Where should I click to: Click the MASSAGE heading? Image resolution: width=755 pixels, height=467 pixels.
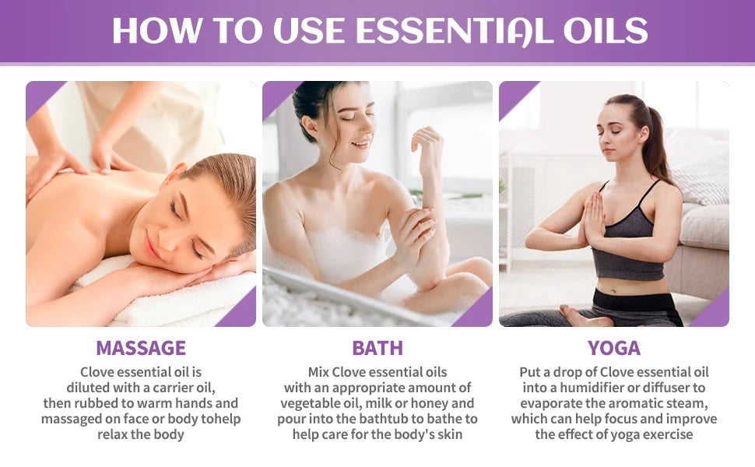141,347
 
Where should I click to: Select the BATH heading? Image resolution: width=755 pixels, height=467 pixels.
377,347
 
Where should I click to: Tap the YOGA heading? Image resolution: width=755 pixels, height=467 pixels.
614,347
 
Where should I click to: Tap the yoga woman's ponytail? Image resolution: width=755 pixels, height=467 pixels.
655,144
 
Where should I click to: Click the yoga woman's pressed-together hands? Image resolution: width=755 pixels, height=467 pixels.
594,218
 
